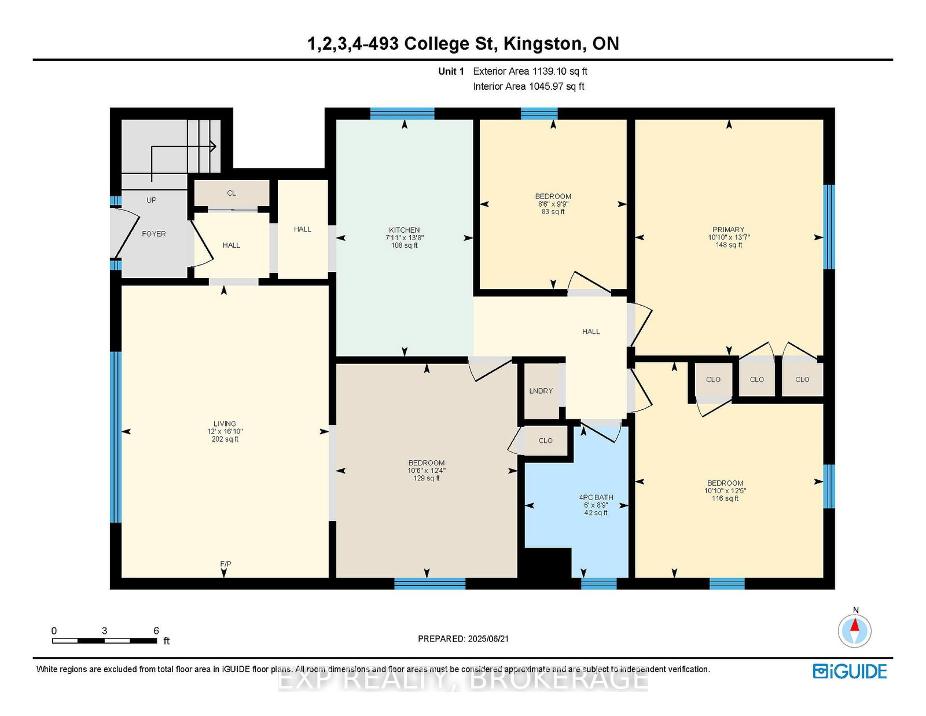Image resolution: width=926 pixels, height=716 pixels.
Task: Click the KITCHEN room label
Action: click(404, 230)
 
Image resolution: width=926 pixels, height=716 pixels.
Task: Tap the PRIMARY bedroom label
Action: click(728, 230)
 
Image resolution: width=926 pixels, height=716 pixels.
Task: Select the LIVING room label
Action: click(225, 424)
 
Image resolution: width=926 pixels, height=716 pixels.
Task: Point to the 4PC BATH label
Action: click(596, 497)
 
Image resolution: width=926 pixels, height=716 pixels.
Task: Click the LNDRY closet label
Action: click(541, 391)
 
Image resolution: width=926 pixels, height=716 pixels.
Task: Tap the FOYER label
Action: click(154, 234)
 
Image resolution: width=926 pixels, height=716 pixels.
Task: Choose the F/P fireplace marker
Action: click(226, 564)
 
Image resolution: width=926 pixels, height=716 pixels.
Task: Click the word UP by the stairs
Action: click(151, 200)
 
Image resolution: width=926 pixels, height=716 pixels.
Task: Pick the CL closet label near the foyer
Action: click(231, 193)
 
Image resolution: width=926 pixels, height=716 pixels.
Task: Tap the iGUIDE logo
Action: click(850, 671)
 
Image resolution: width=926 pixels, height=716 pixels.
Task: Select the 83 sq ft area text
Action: click(553, 212)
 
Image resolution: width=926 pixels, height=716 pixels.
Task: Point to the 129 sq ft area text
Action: click(427, 478)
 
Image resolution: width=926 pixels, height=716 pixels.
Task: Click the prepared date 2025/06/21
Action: click(488, 639)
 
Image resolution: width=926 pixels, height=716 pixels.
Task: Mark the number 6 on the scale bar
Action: click(156, 631)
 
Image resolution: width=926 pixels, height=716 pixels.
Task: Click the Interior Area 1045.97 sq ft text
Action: click(528, 86)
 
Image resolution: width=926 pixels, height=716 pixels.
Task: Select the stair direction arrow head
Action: click(212, 146)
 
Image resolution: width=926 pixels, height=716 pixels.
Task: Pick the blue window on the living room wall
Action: click(116, 437)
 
